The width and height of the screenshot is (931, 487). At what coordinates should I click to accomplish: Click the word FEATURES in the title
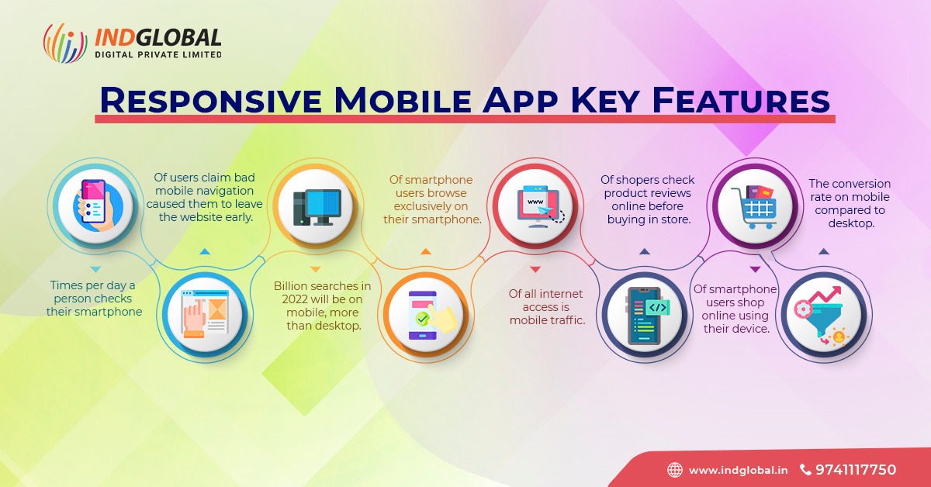pyautogui.click(x=741, y=100)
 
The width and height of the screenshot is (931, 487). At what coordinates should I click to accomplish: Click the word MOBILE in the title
pyautogui.click(x=403, y=100)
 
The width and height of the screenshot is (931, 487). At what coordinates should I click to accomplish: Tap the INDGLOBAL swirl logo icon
pyautogui.click(x=65, y=43)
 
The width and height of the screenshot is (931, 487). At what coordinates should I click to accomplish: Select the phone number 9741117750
pyautogui.click(x=856, y=469)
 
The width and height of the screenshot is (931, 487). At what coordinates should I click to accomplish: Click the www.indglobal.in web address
pyautogui.click(x=738, y=471)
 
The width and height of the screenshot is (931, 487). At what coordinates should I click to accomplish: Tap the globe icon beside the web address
pyautogui.click(x=675, y=470)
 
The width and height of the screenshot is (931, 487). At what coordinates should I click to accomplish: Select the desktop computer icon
pyautogui.click(x=317, y=207)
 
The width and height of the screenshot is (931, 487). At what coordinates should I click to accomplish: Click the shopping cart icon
pyautogui.click(x=754, y=206)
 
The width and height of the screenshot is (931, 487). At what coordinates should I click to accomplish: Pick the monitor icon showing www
pyautogui.click(x=538, y=206)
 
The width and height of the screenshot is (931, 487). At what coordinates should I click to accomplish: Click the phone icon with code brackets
pyautogui.click(x=647, y=316)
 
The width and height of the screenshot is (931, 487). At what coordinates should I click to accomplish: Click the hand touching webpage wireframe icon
pyautogui.click(x=205, y=314)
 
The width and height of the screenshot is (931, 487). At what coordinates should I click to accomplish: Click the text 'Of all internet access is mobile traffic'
pyautogui.click(x=547, y=306)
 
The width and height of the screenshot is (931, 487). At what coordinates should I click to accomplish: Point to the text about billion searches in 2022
pyautogui.click(x=322, y=306)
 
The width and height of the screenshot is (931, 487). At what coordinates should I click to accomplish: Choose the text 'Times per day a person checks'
pyautogui.click(x=92, y=292)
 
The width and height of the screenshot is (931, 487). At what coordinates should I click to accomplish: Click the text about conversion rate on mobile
pyautogui.click(x=850, y=203)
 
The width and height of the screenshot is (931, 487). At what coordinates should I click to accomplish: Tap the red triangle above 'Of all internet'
pyautogui.click(x=535, y=270)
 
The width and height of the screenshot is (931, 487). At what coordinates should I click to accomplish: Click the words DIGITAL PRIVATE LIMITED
pyautogui.click(x=158, y=54)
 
